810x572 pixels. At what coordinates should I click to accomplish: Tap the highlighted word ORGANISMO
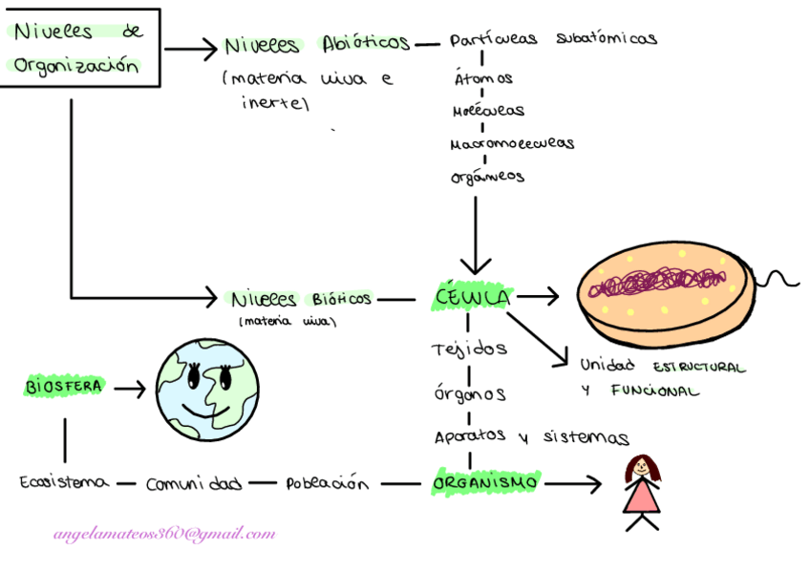(485, 483)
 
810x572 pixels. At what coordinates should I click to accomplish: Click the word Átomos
(482, 78)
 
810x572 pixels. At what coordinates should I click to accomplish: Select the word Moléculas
(488, 111)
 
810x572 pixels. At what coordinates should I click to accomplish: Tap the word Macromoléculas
(512, 143)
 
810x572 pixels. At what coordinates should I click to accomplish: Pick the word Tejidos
(468, 350)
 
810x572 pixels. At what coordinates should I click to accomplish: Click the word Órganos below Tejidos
(468, 393)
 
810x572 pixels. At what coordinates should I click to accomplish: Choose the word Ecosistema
(64, 483)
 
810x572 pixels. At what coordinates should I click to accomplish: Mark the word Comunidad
(194, 483)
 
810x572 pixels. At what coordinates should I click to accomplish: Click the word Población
(326, 483)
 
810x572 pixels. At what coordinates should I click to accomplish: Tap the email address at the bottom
(164, 534)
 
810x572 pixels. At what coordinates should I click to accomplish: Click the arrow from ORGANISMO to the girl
(573, 484)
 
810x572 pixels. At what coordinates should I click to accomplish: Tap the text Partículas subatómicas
(553, 40)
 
